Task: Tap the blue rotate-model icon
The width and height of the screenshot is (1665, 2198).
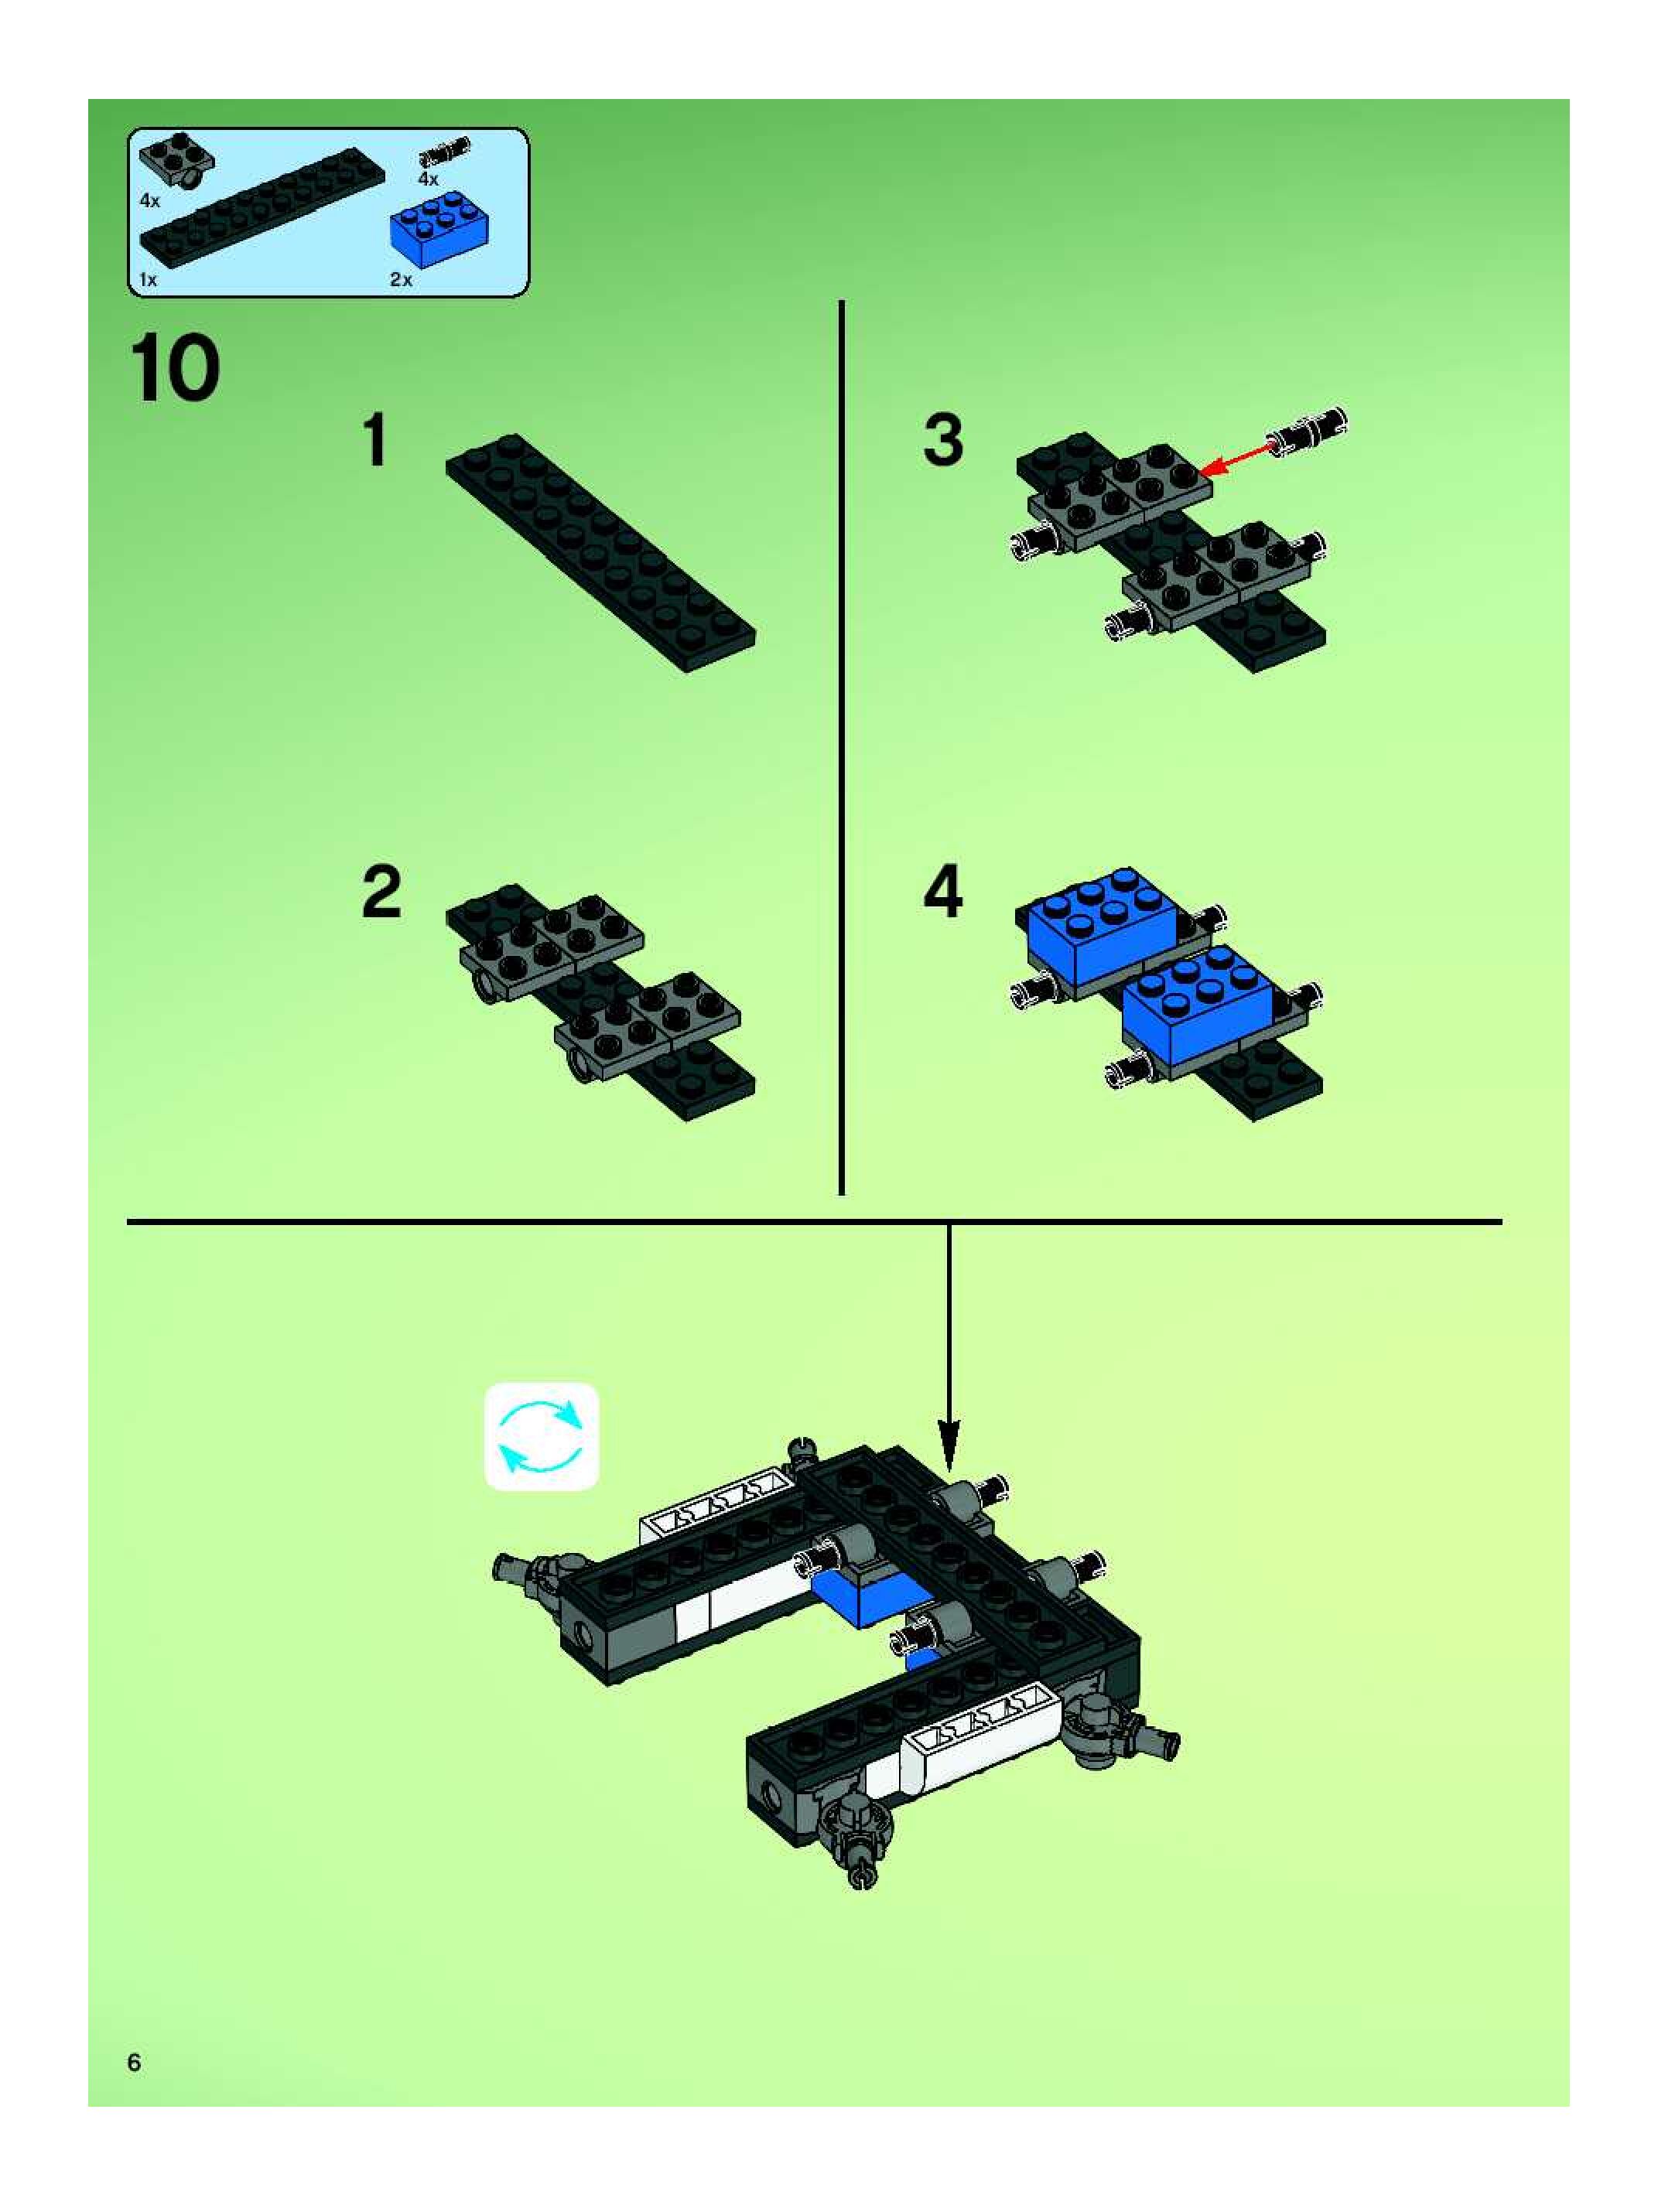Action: pos(541,1436)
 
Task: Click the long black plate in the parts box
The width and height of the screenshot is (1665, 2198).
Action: pos(262,208)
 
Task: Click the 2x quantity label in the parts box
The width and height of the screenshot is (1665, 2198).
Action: pos(401,280)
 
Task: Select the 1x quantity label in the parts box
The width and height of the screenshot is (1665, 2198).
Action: pos(148,280)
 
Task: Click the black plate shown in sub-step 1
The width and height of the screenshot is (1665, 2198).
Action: pos(600,552)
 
